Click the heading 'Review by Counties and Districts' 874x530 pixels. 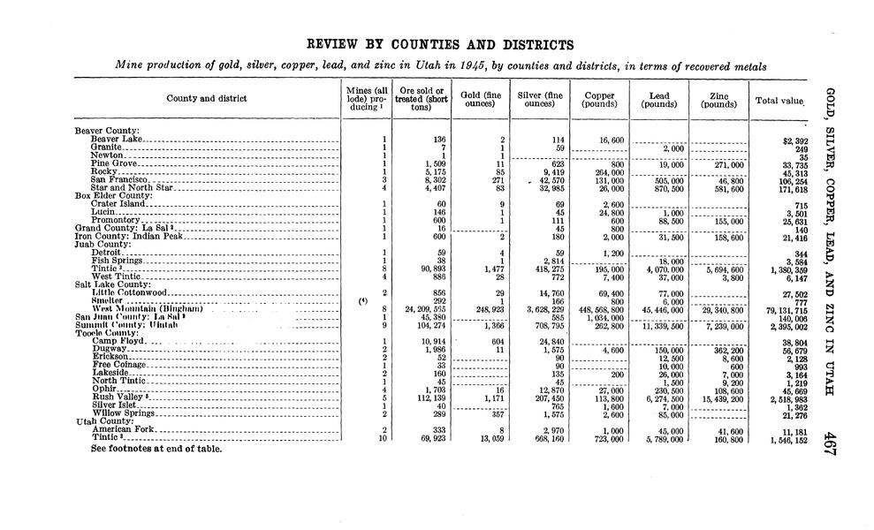click(439, 44)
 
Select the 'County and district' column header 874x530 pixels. click(207, 99)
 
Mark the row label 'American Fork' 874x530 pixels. click(123, 429)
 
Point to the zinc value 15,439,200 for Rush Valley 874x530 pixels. click(719, 397)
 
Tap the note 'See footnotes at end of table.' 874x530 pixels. click(155, 449)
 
